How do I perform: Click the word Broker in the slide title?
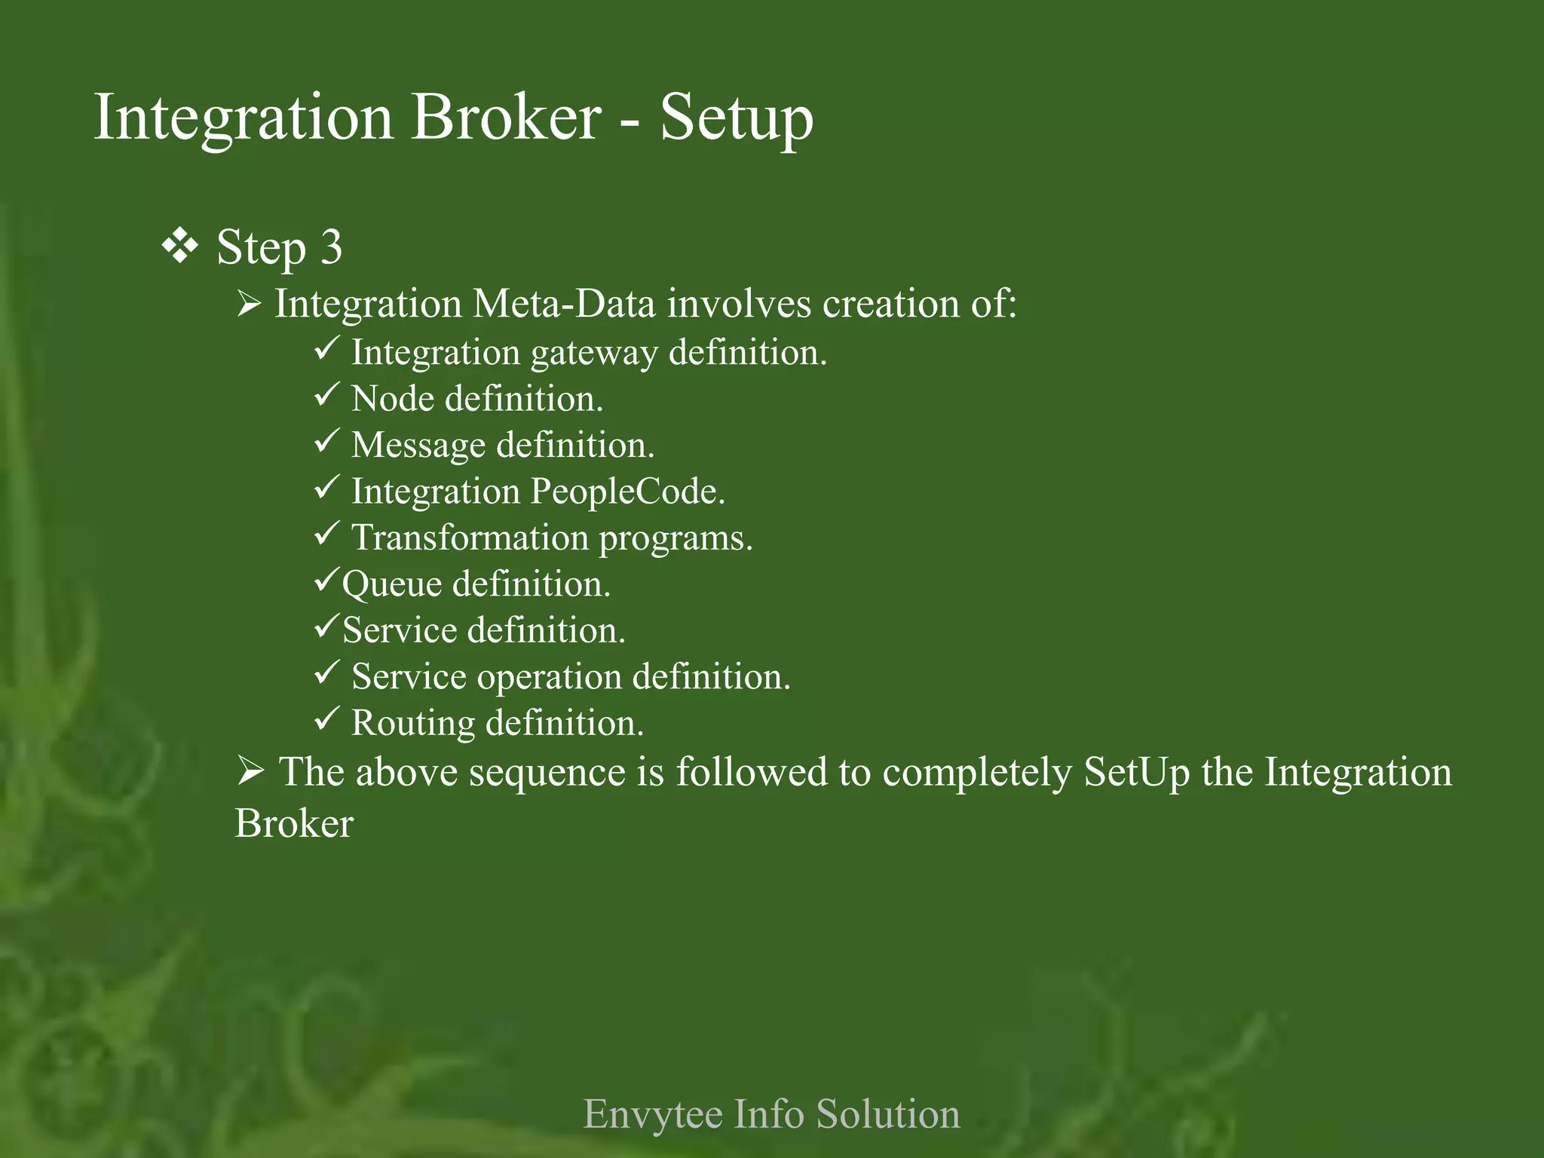tap(506, 118)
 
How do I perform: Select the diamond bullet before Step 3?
tap(180, 247)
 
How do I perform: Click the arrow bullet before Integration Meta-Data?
tap(249, 305)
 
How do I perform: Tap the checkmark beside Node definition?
tap(327, 394)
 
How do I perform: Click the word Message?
tap(418, 445)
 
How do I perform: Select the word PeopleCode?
tap(627, 492)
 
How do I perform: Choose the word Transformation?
tap(470, 538)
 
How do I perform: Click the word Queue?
tap(391, 585)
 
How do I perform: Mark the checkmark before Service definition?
tap(327, 626)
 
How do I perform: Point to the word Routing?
tap(413, 724)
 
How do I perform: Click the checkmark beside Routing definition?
tap(327, 718)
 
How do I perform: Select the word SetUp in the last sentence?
tap(1137, 773)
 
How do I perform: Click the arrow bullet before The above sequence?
tap(250, 771)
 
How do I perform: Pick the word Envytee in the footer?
tap(652, 1114)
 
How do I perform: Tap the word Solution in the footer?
tap(888, 1114)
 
